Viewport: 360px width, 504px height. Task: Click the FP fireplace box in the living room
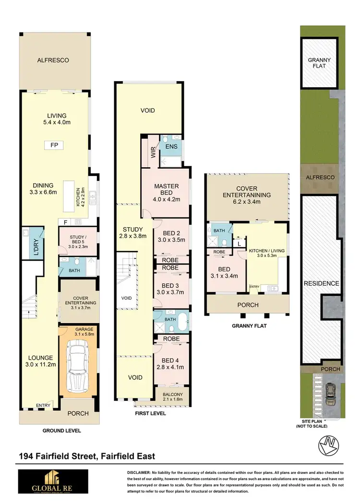54,145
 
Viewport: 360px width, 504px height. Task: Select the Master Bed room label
166,190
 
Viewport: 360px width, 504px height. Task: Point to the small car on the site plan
330,394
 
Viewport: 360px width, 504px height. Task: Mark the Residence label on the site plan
321,283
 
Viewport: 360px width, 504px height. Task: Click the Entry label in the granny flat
254,287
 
